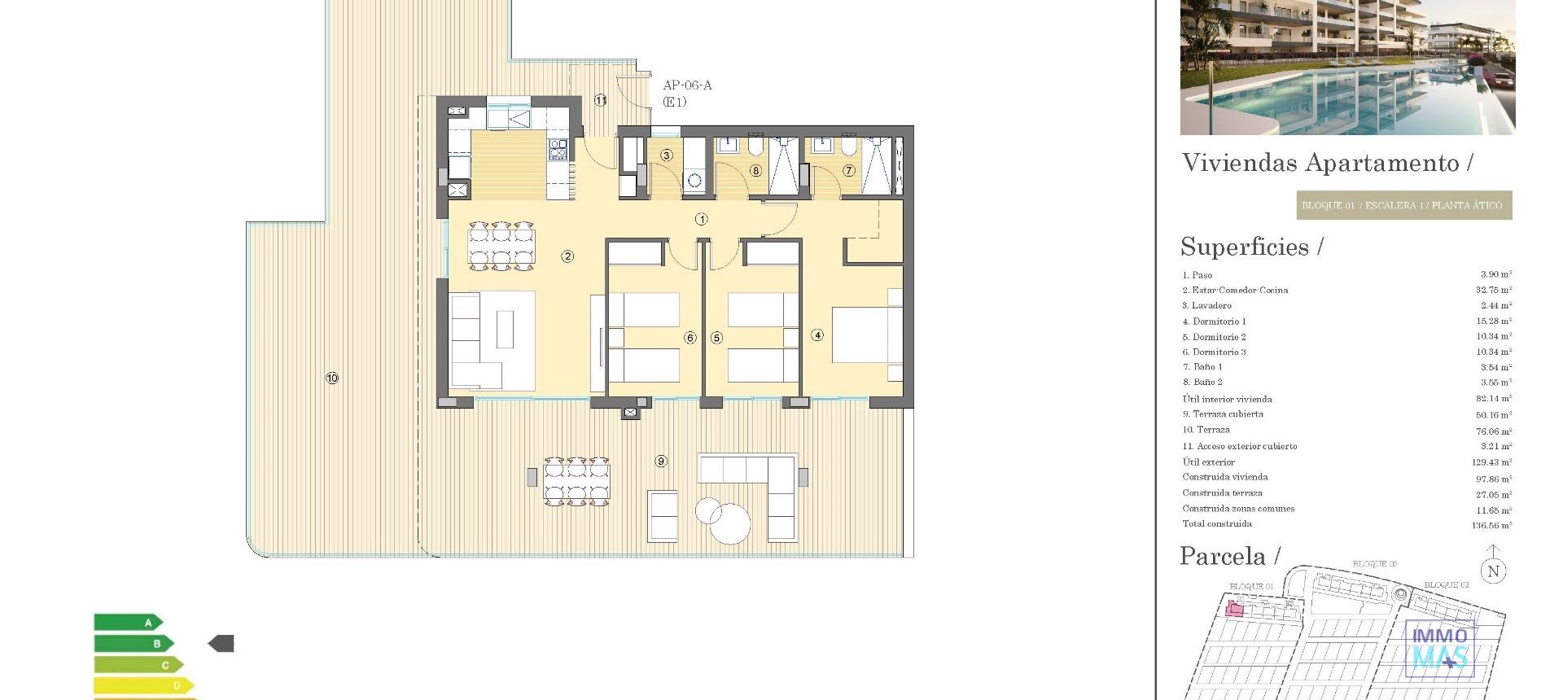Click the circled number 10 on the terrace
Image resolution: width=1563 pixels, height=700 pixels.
point(332,378)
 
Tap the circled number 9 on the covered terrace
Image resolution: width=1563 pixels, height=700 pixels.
point(661,462)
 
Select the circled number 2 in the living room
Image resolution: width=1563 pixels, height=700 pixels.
point(567,256)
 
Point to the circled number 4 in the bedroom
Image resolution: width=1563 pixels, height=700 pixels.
point(817,335)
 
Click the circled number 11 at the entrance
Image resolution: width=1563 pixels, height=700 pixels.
point(601,100)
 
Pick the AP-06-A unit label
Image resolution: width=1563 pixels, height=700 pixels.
point(687,85)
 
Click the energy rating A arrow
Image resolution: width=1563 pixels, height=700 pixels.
point(128,623)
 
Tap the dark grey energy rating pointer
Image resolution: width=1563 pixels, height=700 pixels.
point(221,644)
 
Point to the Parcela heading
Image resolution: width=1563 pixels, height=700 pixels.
point(1223,557)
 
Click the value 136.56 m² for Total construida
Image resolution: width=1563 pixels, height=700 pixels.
point(1491,525)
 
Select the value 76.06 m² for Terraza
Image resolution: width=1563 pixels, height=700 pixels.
point(1493,431)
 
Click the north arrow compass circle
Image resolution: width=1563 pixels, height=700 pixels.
point(1493,571)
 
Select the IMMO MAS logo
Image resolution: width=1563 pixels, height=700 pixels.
point(1439,648)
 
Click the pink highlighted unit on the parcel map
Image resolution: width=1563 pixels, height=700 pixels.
point(1235,609)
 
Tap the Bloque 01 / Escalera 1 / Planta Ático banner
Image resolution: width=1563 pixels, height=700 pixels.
point(1403,205)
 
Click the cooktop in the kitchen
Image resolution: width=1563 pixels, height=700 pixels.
point(558,149)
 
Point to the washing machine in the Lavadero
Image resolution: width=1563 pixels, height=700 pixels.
point(694,180)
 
